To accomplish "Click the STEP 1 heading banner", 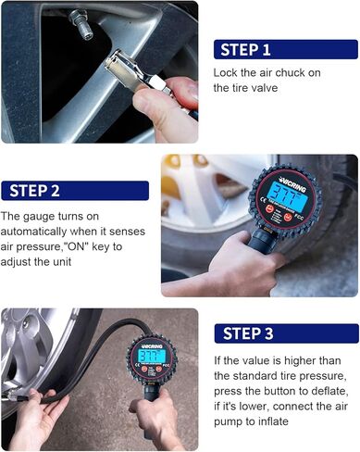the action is [286, 49].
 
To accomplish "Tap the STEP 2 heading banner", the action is [75, 191].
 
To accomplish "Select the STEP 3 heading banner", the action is [287, 333].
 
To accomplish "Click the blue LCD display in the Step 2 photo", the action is [285, 194].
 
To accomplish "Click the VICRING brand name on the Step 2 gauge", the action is [292, 183].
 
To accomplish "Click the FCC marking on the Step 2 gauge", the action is [299, 218].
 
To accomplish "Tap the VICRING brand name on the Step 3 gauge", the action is [151, 345].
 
